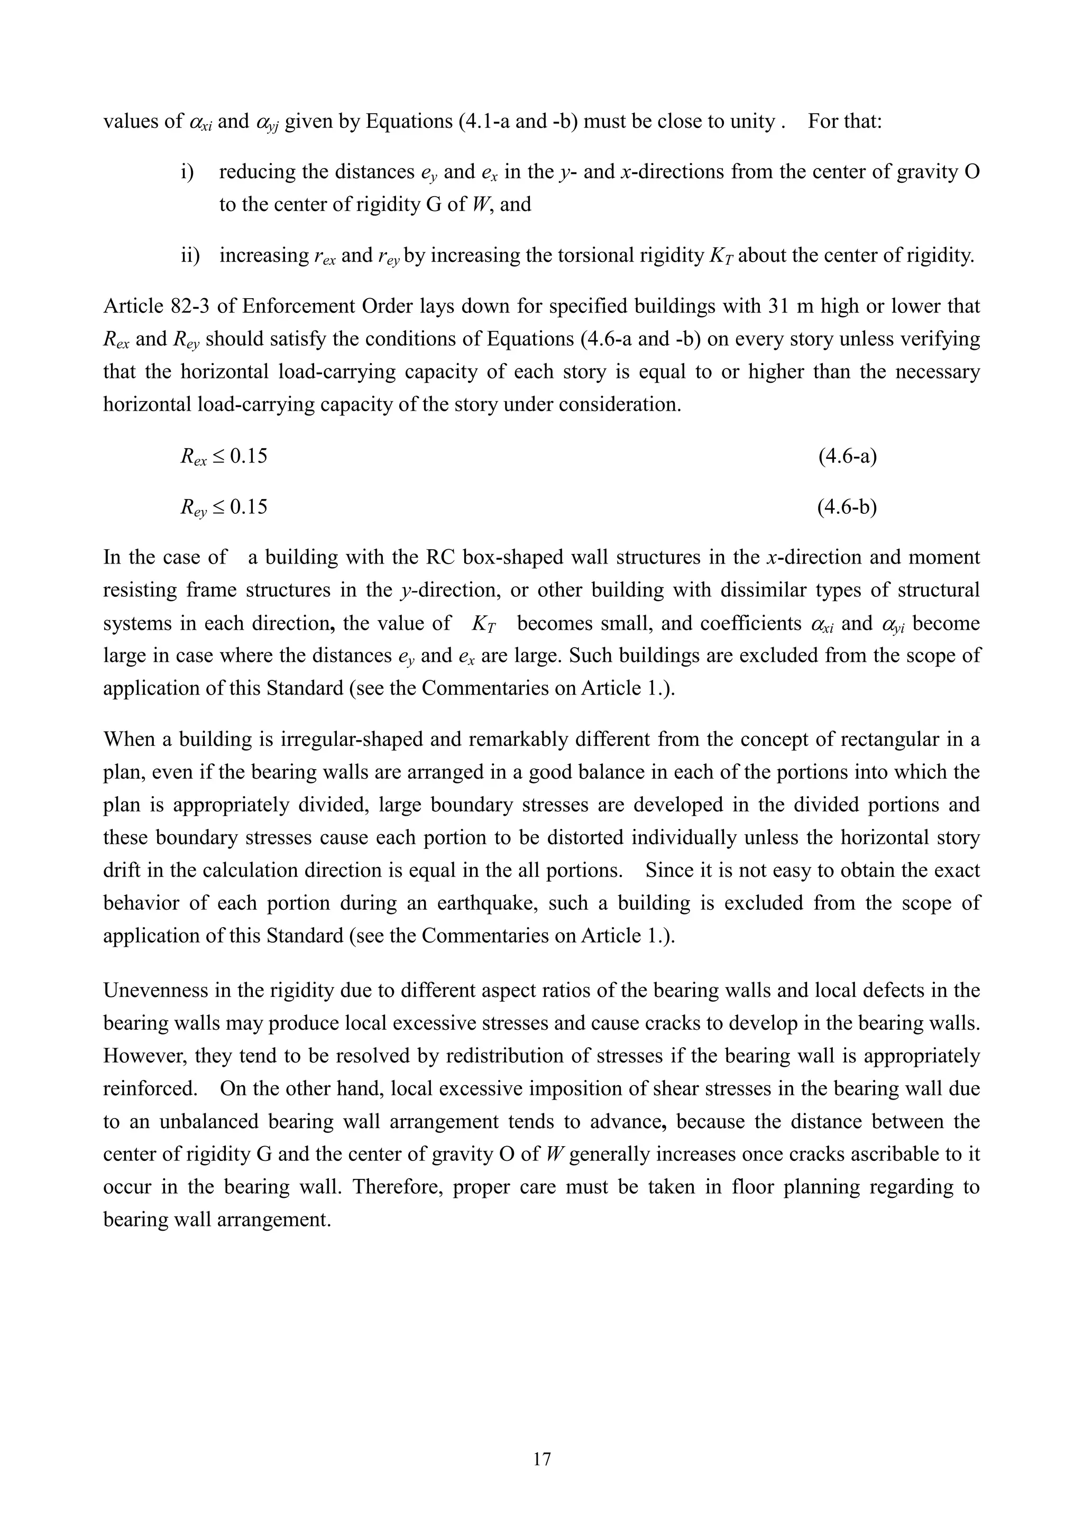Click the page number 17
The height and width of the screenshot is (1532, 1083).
coord(542,1459)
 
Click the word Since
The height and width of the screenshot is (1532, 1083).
coord(673,870)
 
